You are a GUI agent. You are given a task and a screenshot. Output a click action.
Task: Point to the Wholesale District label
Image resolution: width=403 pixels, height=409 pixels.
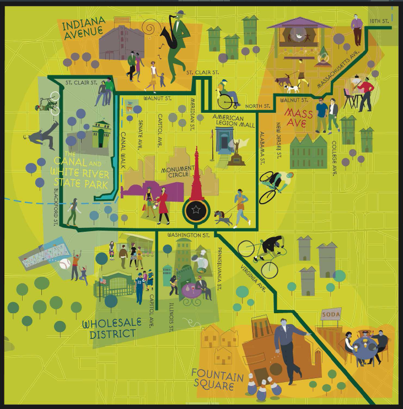(109, 328)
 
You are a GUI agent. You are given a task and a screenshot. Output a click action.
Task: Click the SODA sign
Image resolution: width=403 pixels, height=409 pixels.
(331, 314)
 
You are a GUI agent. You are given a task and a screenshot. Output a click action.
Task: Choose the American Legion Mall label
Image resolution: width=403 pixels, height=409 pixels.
(237, 122)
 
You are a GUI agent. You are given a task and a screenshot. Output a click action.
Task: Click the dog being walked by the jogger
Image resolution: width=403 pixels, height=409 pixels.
(223, 218)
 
